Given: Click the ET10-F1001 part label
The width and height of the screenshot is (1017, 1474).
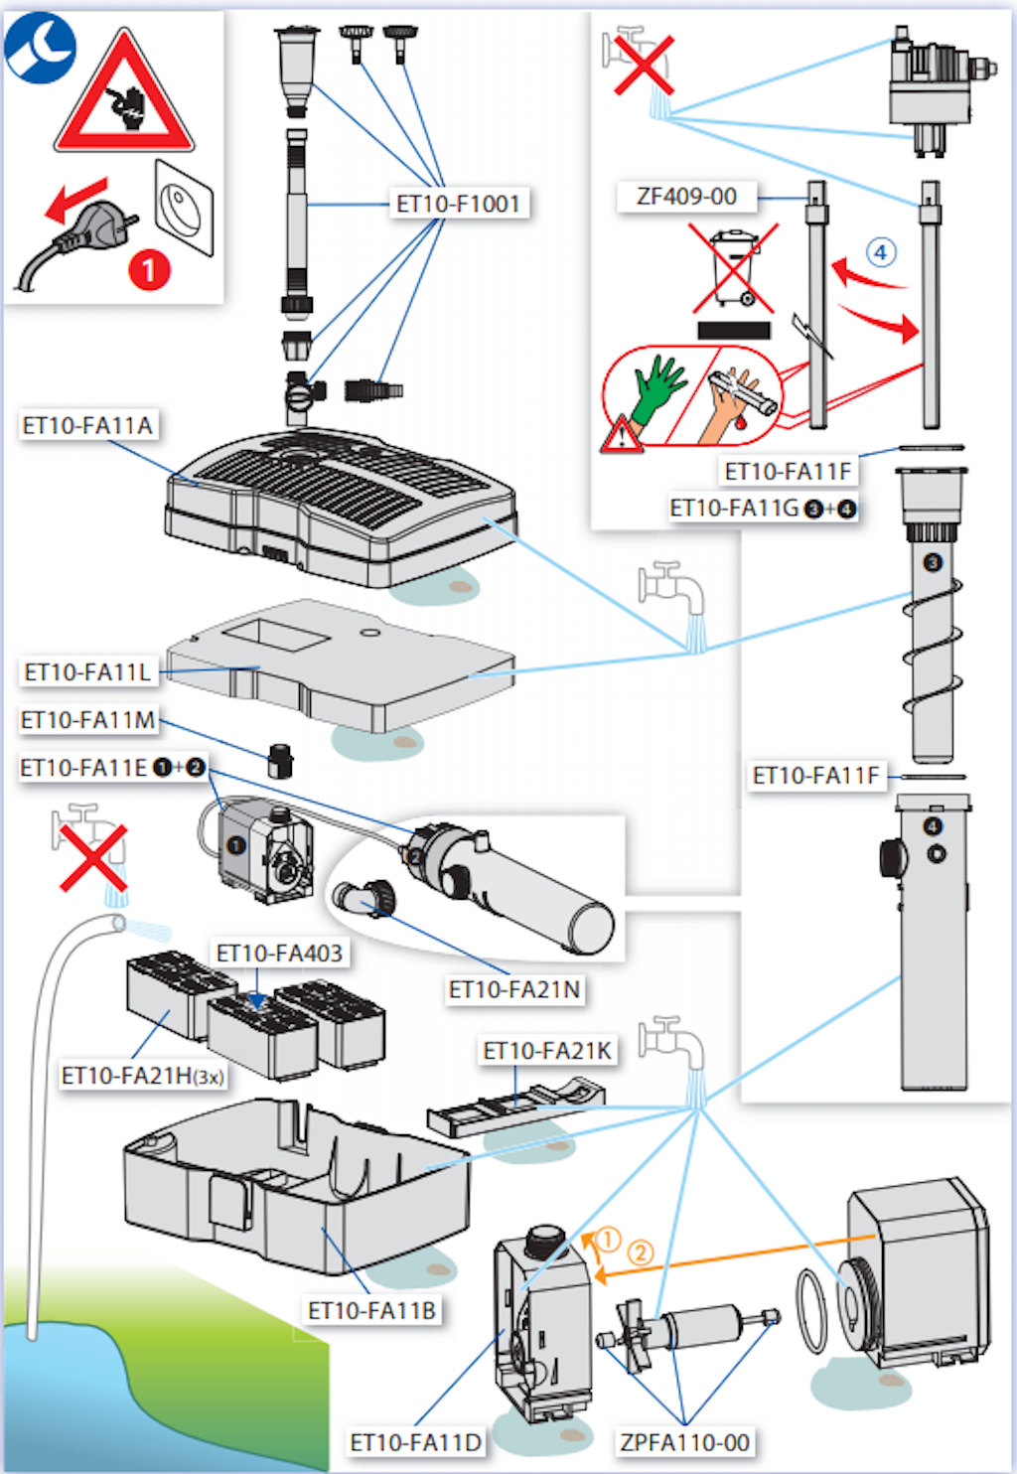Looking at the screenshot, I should tap(458, 204).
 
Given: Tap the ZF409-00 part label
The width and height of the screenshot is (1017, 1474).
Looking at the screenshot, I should tap(686, 196).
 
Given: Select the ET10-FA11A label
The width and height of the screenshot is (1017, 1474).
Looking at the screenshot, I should tap(87, 425).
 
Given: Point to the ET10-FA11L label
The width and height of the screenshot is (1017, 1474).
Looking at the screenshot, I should tap(87, 672).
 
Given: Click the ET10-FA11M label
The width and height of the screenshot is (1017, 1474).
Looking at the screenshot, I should tap(88, 720).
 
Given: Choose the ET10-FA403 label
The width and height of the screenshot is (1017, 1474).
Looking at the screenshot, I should tap(279, 954).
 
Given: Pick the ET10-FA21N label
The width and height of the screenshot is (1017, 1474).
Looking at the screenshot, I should tap(514, 989).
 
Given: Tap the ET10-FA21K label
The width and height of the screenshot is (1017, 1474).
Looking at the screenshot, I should tap(547, 1051).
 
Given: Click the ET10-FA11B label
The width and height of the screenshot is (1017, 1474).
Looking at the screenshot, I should tap(371, 1311).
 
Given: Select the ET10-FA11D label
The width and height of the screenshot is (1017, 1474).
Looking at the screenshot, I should tap(415, 1442).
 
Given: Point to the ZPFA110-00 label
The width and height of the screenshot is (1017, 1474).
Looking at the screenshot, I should tap(684, 1442).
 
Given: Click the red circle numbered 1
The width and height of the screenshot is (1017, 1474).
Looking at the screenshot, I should tap(149, 269).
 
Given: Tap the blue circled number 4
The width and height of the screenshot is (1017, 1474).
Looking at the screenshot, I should tap(880, 252).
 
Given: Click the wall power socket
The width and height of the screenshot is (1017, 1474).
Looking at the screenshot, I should tap(184, 208).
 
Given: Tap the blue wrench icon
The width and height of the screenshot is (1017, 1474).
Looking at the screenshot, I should tap(40, 48).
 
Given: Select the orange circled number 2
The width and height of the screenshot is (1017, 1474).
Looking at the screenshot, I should tap(641, 1253).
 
